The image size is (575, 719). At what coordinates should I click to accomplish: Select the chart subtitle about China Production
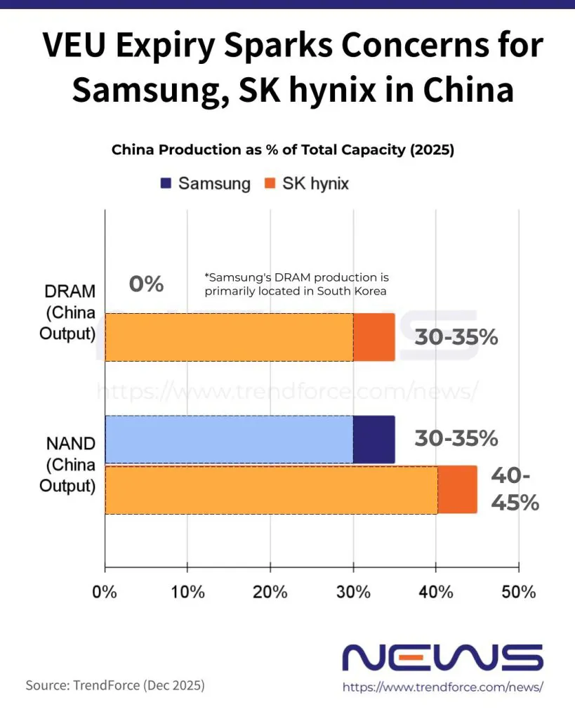click(283, 150)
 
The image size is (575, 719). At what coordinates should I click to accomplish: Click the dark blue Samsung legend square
click(166, 184)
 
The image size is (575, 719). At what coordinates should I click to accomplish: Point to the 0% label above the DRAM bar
click(146, 284)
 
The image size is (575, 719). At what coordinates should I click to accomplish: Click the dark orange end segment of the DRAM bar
click(374, 337)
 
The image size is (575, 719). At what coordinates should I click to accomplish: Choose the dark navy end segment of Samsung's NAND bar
click(374, 440)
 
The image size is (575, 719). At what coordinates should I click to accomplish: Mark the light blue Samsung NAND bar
click(228, 440)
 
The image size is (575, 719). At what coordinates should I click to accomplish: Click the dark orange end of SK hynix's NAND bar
click(457, 489)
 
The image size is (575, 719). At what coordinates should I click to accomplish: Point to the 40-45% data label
click(515, 489)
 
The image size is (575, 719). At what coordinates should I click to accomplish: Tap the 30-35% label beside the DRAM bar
click(456, 337)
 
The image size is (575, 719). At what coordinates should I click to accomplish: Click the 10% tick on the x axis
click(187, 591)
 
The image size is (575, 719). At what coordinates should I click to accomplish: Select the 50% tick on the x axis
click(518, 591)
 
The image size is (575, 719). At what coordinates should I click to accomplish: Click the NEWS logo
click(442, 658)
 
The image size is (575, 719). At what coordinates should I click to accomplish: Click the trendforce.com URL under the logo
click(443, 687)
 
